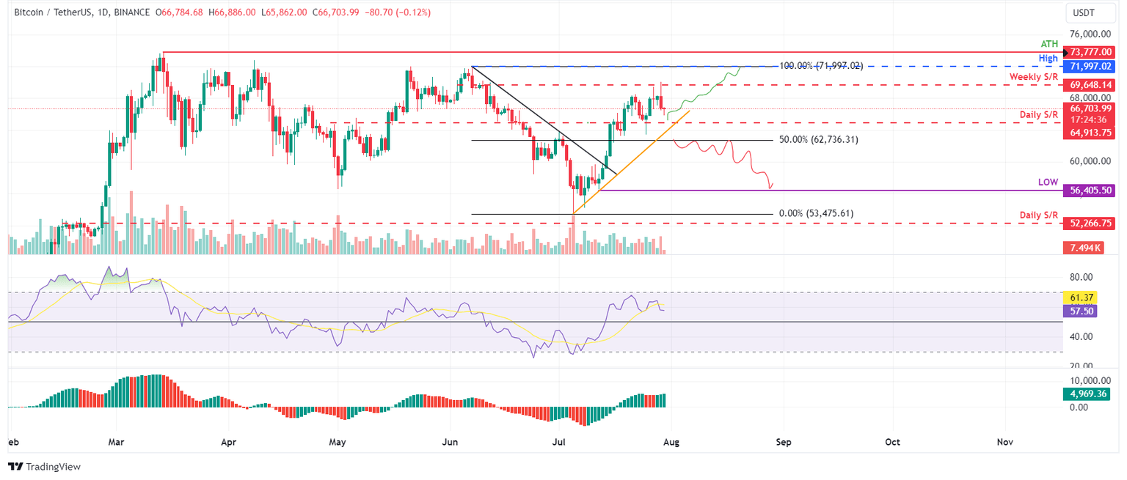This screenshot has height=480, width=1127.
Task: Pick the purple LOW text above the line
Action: click(1048, 181)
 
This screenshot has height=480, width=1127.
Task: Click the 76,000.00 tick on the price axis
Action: click(1089, 34)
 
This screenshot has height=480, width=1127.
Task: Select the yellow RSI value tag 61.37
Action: click(1077, 298)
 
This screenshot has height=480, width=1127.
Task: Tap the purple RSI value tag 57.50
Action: click(1077, 311)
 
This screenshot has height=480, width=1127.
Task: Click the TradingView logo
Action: click(45, 467)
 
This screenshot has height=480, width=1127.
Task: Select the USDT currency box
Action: click(1084, 14)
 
